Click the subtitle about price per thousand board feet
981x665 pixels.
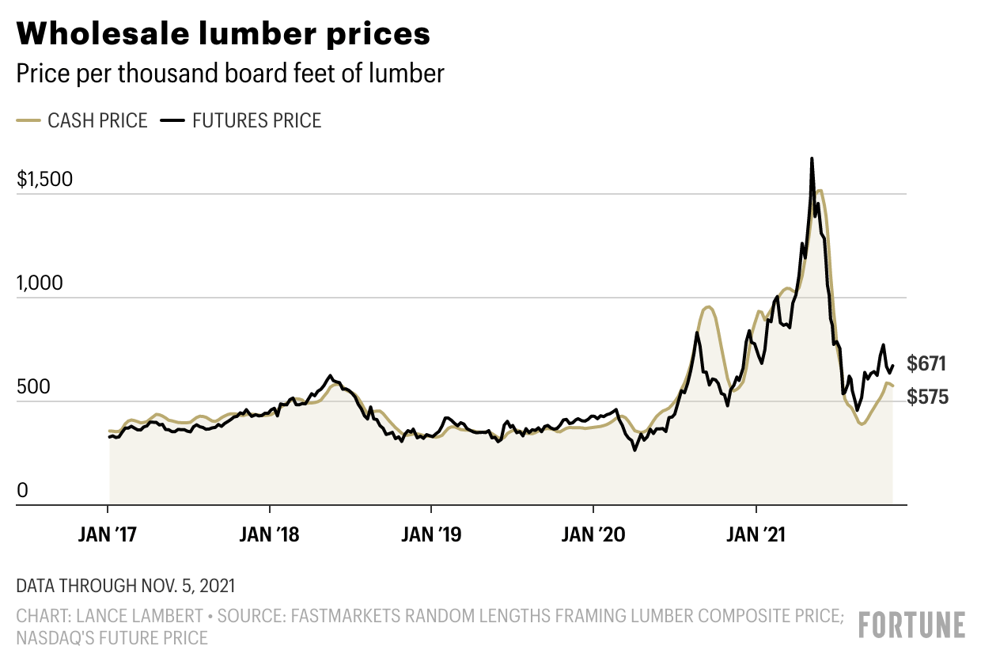click(x=230, y=74)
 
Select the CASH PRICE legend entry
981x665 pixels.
click(x=82, y=120)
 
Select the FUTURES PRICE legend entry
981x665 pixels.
click(x=241, y=120)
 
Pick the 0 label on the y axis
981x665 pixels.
click(x=22, y=491)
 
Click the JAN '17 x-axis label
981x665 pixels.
click(x=108, y=535)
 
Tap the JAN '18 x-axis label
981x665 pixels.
click(x=271, y=535)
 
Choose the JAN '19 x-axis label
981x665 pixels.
click(x=432, y=535)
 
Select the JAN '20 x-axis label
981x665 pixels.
click(x=594, y=535)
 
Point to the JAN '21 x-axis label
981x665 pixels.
click(x=756, y=535)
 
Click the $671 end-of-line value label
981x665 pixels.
click(x=927, y=364)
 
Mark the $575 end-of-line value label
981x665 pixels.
click(x=927, y=397)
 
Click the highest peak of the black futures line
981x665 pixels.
click(x=812, y=159)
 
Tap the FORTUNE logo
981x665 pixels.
click(x=912, y=625)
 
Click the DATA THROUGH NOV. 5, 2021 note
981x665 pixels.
click(x=125, y=587)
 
